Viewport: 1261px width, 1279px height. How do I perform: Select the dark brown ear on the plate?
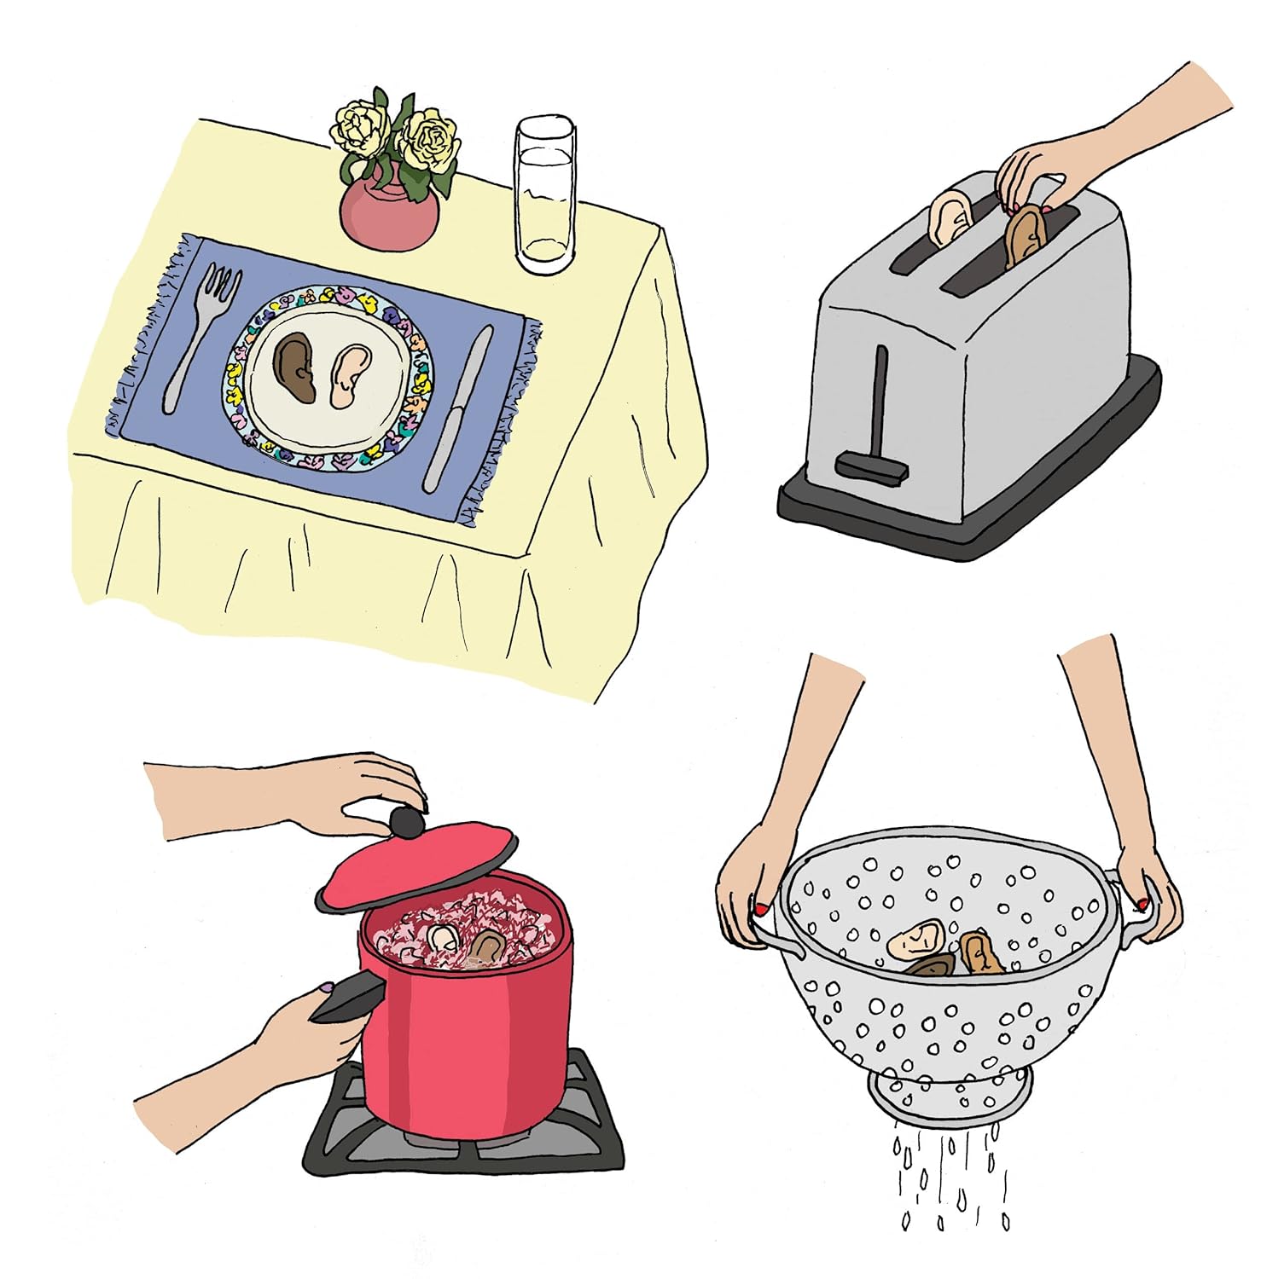tap(296, 367)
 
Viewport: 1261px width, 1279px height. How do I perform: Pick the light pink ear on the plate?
tap(349, 375)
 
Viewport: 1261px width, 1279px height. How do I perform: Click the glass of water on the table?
tap(544, 196)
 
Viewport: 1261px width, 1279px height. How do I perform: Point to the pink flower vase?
tap(389, 213)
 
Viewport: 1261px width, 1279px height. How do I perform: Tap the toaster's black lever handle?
tap(872, 465)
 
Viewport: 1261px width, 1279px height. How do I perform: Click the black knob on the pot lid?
tap(406, 822)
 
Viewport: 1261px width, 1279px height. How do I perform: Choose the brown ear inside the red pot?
tap(488, 946)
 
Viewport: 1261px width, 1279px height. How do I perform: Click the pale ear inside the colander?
tap(915, 939)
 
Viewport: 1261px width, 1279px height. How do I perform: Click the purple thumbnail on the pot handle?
tap(325, 988)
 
